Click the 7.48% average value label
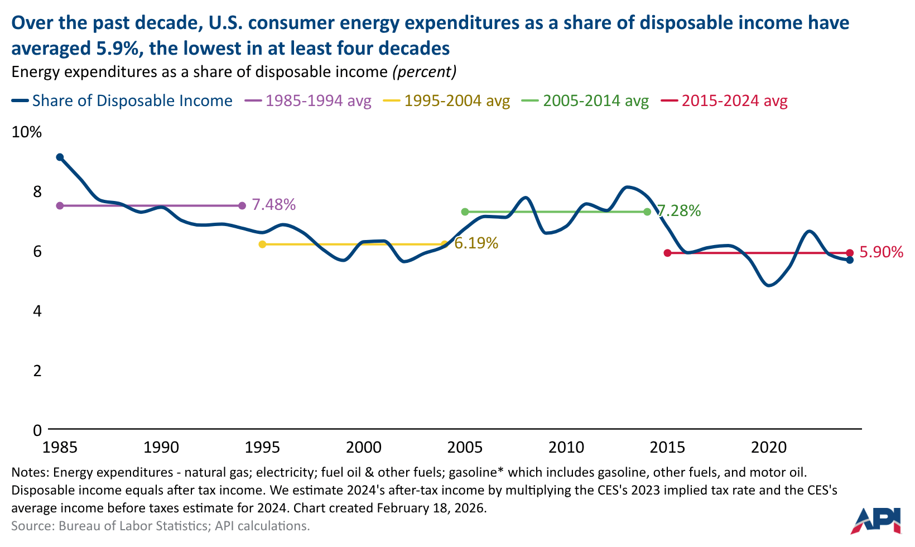[273, 205]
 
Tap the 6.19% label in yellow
[476, 243]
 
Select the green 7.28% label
[678, 211]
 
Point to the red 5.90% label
[881, 252]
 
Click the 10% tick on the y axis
[27, 132]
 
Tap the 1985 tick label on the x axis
[60, 447]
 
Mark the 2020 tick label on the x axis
[768, 447]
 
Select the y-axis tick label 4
[37, 311]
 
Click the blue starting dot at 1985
[60, 157]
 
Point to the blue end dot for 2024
[850, 260]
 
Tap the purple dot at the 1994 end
[242, 206]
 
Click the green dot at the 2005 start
[465, 212]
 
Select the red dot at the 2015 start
[667, 253]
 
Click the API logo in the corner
[877, 520]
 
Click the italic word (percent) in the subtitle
[424, 72]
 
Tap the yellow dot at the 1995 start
[262, 244]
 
